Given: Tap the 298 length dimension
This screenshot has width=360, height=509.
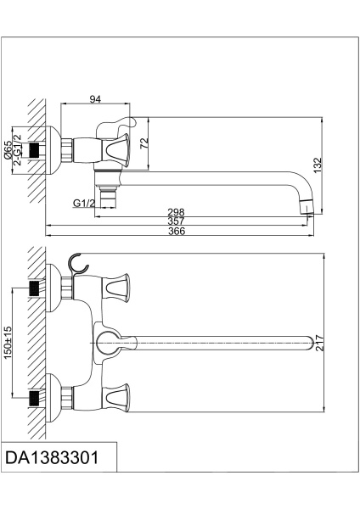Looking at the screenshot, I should (176, 213).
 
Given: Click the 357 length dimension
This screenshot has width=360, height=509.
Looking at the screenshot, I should (176, 221).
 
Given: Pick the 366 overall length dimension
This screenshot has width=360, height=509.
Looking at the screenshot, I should (176, 232).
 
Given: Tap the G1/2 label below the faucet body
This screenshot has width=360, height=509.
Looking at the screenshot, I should (83, 204).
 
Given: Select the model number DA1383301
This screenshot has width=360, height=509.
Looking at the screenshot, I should (53, 458).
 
